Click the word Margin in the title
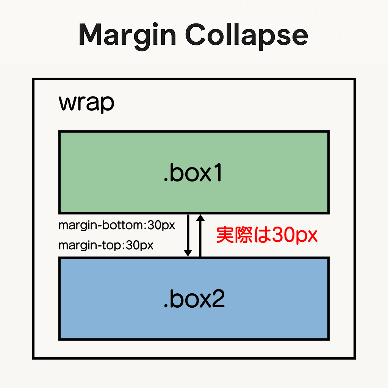tap(127, 36)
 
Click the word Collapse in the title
tap(247, 36)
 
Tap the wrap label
tap(86, 103)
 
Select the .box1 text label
tap(193, 172)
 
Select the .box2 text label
tap(194, 299)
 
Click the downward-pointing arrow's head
tap(188, 253)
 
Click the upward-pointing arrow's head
tap(200, 218)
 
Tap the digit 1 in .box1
tap(218, 172)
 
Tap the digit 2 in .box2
tap(218, 299)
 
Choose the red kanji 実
tap(225, 235)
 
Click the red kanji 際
tap(244, 235)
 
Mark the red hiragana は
tap(262, 235)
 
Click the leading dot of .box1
tap(166, 180)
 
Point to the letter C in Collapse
tap(196, 34)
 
